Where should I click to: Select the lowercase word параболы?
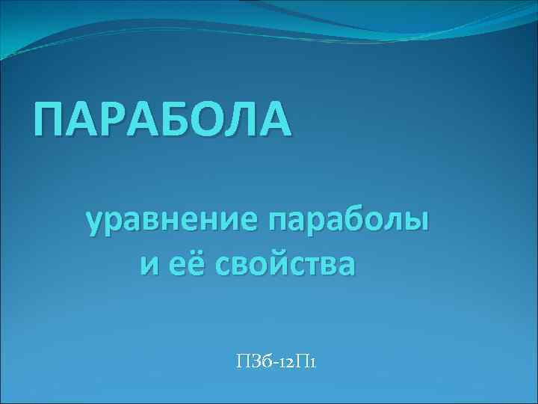click(348, 222)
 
